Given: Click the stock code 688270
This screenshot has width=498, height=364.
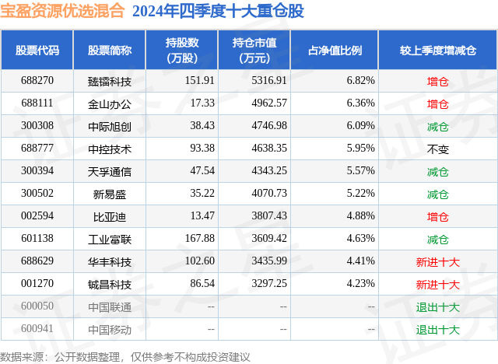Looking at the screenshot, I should pos(37,81).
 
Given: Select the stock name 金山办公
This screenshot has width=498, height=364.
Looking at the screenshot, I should pos(110,103).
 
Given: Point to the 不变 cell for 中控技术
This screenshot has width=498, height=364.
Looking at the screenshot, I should pos(438,149).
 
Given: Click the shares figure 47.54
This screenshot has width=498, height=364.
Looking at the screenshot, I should pos(201,171).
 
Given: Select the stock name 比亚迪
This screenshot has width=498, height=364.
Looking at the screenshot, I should pos(110,216).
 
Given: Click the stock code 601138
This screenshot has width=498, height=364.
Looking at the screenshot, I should pos(37,239).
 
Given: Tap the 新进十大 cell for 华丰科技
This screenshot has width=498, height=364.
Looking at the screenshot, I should pos(438,262).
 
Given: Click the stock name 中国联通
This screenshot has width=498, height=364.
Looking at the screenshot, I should pos(110,307).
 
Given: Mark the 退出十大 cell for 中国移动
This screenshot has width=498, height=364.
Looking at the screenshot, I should pos(438,330).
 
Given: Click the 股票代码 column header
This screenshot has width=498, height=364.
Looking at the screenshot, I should pos(37,51).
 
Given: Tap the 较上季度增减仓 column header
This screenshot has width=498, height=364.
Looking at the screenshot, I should pos(438,51).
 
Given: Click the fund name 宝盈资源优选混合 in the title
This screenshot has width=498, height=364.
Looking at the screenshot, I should pos(63,12).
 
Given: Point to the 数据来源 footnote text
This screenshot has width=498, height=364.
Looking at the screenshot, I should pos(124,356).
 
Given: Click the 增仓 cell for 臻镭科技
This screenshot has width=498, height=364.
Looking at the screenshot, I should pos(438,81).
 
